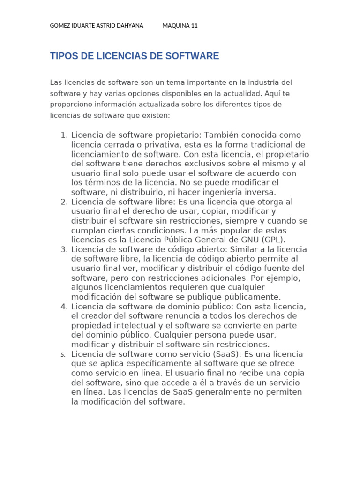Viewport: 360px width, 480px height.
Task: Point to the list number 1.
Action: pyautogui.click(x=64, y=135)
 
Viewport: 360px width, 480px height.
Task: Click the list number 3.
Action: pyautogui.click(x=64, y=249)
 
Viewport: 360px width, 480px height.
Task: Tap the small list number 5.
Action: pyautogui.click(x=63, y=354)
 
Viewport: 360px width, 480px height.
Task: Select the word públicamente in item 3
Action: pyautogui.click(x=253, y=297)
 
